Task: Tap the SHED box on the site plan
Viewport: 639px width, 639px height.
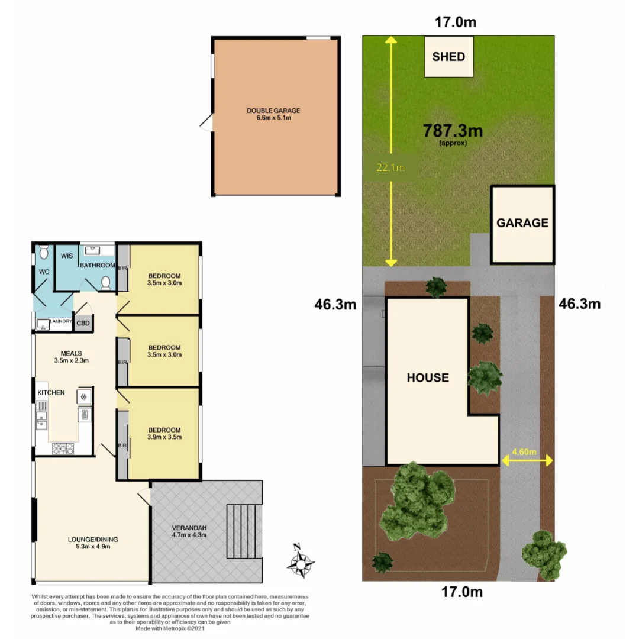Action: (449, 57)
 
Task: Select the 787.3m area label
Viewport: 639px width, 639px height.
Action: (453, 131)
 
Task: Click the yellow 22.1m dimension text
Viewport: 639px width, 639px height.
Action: (390, 167)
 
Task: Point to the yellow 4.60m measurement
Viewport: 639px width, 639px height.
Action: (524, 452)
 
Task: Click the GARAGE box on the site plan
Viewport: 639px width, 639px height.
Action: (522, 224)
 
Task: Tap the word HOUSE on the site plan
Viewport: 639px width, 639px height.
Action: (428, 377)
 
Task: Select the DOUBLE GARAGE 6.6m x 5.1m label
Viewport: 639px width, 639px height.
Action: (273, 114)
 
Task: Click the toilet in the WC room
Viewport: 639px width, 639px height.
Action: (43, 253)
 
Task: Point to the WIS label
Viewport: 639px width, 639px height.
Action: (66, 257)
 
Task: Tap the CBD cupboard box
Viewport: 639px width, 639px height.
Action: (83, 323)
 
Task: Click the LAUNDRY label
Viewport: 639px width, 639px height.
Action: (61, 321)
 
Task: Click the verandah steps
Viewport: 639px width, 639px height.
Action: (243, 531)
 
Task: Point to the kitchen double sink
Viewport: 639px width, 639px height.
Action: (41, 414)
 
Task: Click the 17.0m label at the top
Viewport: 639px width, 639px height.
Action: (456, 23)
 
